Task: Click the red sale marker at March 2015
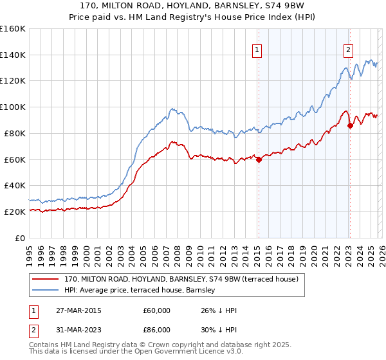click(x=259, y=159)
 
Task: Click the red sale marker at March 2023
click(x=350, y=125)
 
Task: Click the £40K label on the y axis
click(x=15, y=185)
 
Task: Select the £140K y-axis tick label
click(x=13, y=55)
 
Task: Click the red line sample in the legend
click(x=46, y=280)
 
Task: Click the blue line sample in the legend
click(x=46, y=291)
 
